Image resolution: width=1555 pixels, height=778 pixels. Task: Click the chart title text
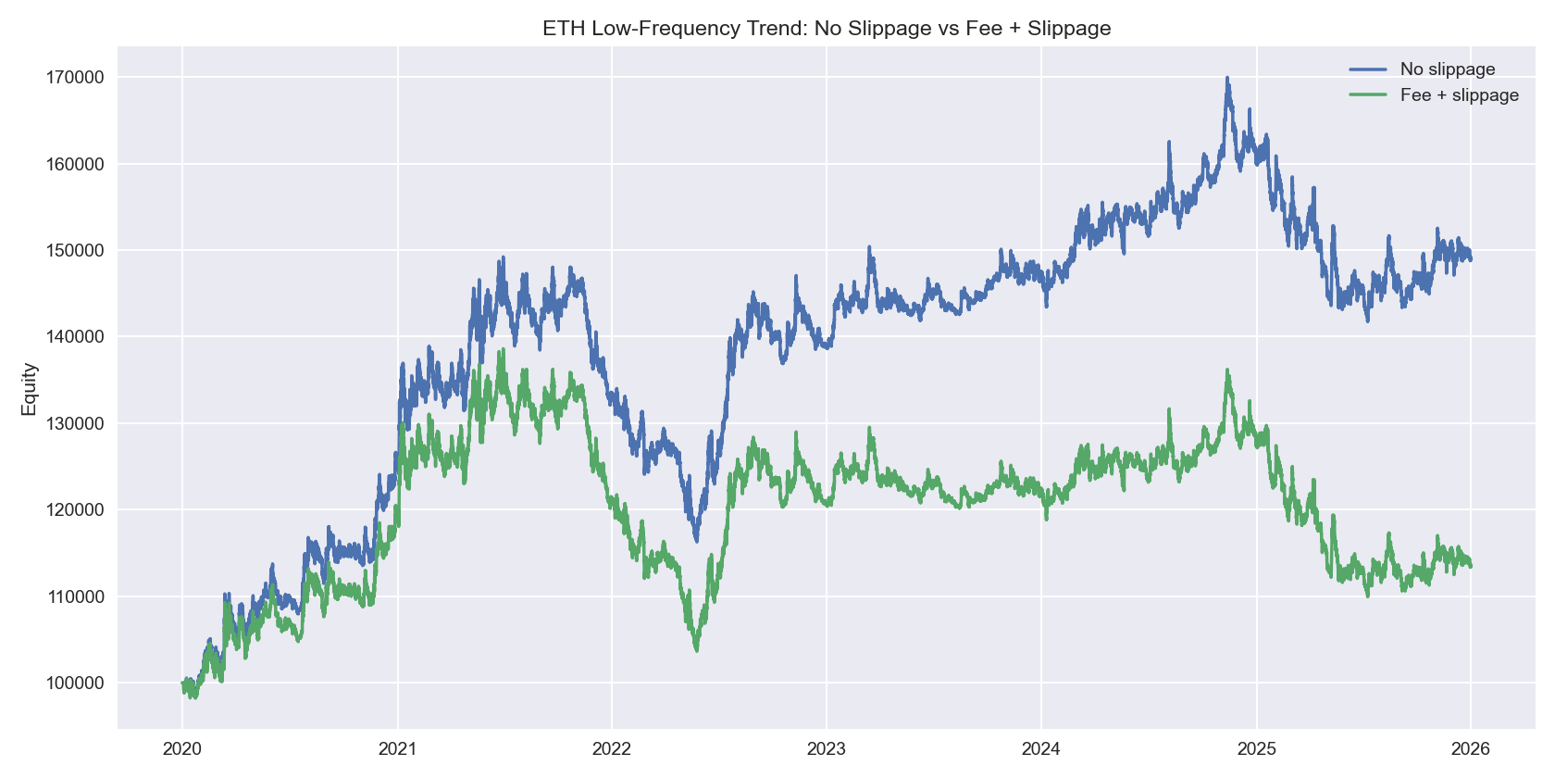point(827,28)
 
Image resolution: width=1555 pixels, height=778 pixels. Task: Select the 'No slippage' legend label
point(1447,69)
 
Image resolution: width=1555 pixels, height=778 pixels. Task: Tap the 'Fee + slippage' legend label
point(1459,95)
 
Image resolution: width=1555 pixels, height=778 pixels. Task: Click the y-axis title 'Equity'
point(30,389)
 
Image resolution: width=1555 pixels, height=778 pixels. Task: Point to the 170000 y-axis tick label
point(75,78)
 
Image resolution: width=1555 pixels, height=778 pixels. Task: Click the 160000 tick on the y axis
point(75,164)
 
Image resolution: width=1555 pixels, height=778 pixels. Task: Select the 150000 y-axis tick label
point(75,251)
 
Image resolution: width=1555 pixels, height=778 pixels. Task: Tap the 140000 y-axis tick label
point(75,337)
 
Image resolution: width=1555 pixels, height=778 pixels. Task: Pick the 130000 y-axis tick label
point(75,423)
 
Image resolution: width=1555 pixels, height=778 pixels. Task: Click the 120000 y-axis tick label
point(75,510)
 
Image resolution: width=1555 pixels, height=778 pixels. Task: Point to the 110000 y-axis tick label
point(75,596)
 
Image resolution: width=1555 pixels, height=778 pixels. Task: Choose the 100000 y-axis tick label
point(75,684)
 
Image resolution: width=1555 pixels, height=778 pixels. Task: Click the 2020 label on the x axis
point(182,748)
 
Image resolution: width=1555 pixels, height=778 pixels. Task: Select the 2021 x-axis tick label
point(397,748)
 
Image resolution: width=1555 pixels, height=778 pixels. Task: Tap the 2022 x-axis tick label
point(612,748)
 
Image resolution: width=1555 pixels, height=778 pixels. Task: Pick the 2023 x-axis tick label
point(827,748)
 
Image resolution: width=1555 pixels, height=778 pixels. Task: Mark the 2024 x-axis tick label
point(1041,748)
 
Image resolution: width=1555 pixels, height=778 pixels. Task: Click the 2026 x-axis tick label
point(1471,748)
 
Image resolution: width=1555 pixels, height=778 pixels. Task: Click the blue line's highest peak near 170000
point(1227,78)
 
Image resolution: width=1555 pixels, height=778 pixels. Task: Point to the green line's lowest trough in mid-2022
point(696,650)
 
